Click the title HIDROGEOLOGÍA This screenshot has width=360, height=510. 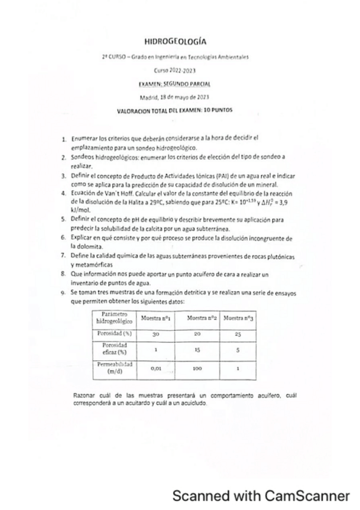[175, 42]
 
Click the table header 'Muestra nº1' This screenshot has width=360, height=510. [155, 317]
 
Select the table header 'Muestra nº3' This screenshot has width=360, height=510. [236, 317]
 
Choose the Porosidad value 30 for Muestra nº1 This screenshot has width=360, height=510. [155, 333]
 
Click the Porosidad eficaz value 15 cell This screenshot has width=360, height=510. [196, 349]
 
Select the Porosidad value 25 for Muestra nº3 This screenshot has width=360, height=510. [236, 333]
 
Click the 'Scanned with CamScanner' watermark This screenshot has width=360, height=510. [260, 496]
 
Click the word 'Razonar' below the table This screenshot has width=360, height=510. [82, 396]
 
